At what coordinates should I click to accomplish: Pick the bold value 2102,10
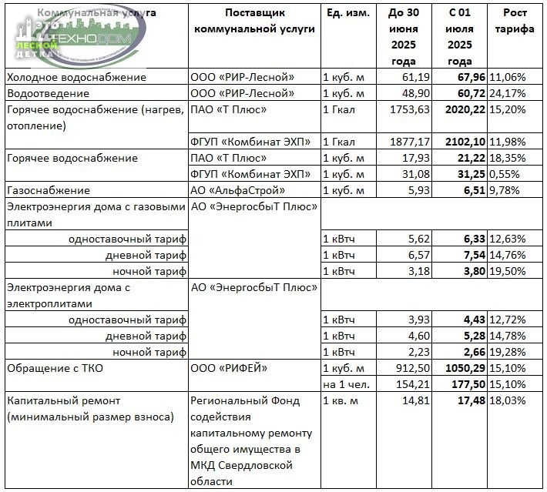(465, 142)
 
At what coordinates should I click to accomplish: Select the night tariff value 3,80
(472, 271)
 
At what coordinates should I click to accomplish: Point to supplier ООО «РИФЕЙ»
(230, 368)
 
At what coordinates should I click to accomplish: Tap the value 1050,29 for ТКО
(465, 368)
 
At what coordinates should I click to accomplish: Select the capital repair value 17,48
(469, 400)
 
